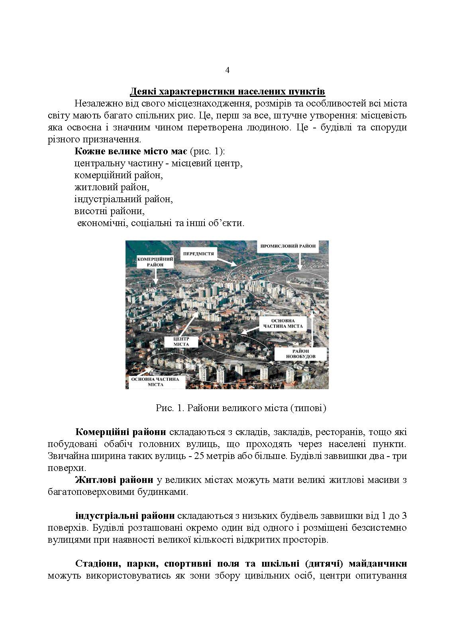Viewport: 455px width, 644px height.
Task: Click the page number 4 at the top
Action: tap(227, 71)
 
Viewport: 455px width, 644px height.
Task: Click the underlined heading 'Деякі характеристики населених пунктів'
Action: tap(227, 92)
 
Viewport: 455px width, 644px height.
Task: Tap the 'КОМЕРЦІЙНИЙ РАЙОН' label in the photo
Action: tap(155, 262)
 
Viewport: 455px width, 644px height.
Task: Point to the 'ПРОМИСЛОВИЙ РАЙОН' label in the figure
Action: tap(288, 246)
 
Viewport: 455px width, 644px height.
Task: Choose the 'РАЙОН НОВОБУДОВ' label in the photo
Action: tap(301, 353)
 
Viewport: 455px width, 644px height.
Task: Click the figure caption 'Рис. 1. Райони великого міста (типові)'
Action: tap(241, 408)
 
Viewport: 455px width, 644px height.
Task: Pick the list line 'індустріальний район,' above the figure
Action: tap(123, 199)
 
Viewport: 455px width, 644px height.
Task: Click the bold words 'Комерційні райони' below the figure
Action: tap(121, 432)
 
